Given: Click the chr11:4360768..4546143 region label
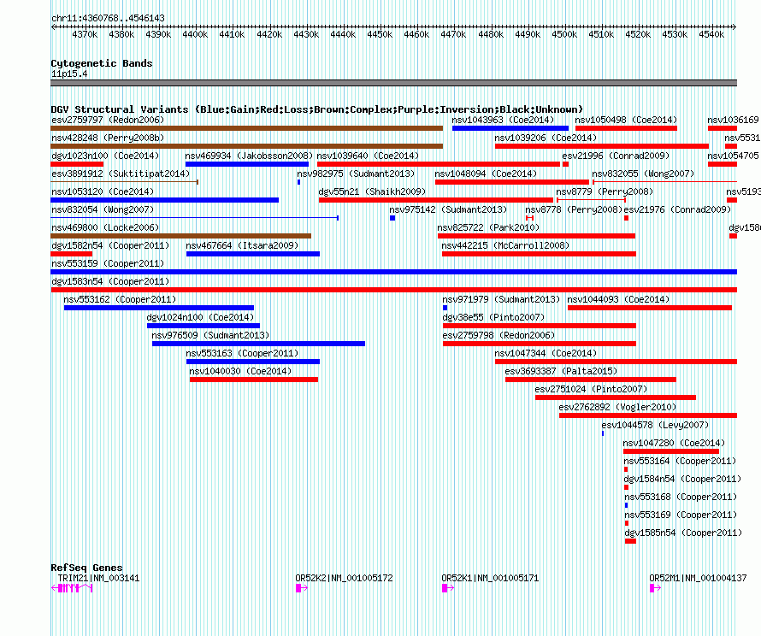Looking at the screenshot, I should pyautogui.click(x=108, y=18).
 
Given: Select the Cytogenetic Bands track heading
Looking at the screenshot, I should pyautogui.click(x=101, y=63).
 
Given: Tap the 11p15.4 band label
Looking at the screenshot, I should pyautogui.click(x=69, y=74).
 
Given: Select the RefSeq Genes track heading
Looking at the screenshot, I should pyautogui.click(x=86, y=568).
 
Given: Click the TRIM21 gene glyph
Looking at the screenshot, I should pyautogui.click(x=73, y=588).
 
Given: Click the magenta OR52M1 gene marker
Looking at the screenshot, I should pyautogui.click(x=653, y=588).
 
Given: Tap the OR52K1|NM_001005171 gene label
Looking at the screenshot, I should pyautogui.click(x=490, y=578).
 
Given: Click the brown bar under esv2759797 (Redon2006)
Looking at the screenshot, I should pyautogui.click(x=246, y=128).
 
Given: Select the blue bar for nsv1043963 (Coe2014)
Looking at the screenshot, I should pyautogui.click(x=510, y=128).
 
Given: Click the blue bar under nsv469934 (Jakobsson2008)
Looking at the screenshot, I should pyautogui.click(x=246, y=164).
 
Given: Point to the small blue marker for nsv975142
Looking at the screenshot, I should pyautogui.click(x=392, y=218).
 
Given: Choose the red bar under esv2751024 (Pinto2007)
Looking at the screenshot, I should pyautogui.click(x=616, y=397).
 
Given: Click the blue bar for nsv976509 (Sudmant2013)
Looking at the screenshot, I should pyautogui.click(x=258, y=344).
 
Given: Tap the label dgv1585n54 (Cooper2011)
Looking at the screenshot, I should pyautogui.click(x=681, y=533).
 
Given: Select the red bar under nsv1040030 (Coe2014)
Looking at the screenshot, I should pyautogui.click(x=253, y=380).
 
